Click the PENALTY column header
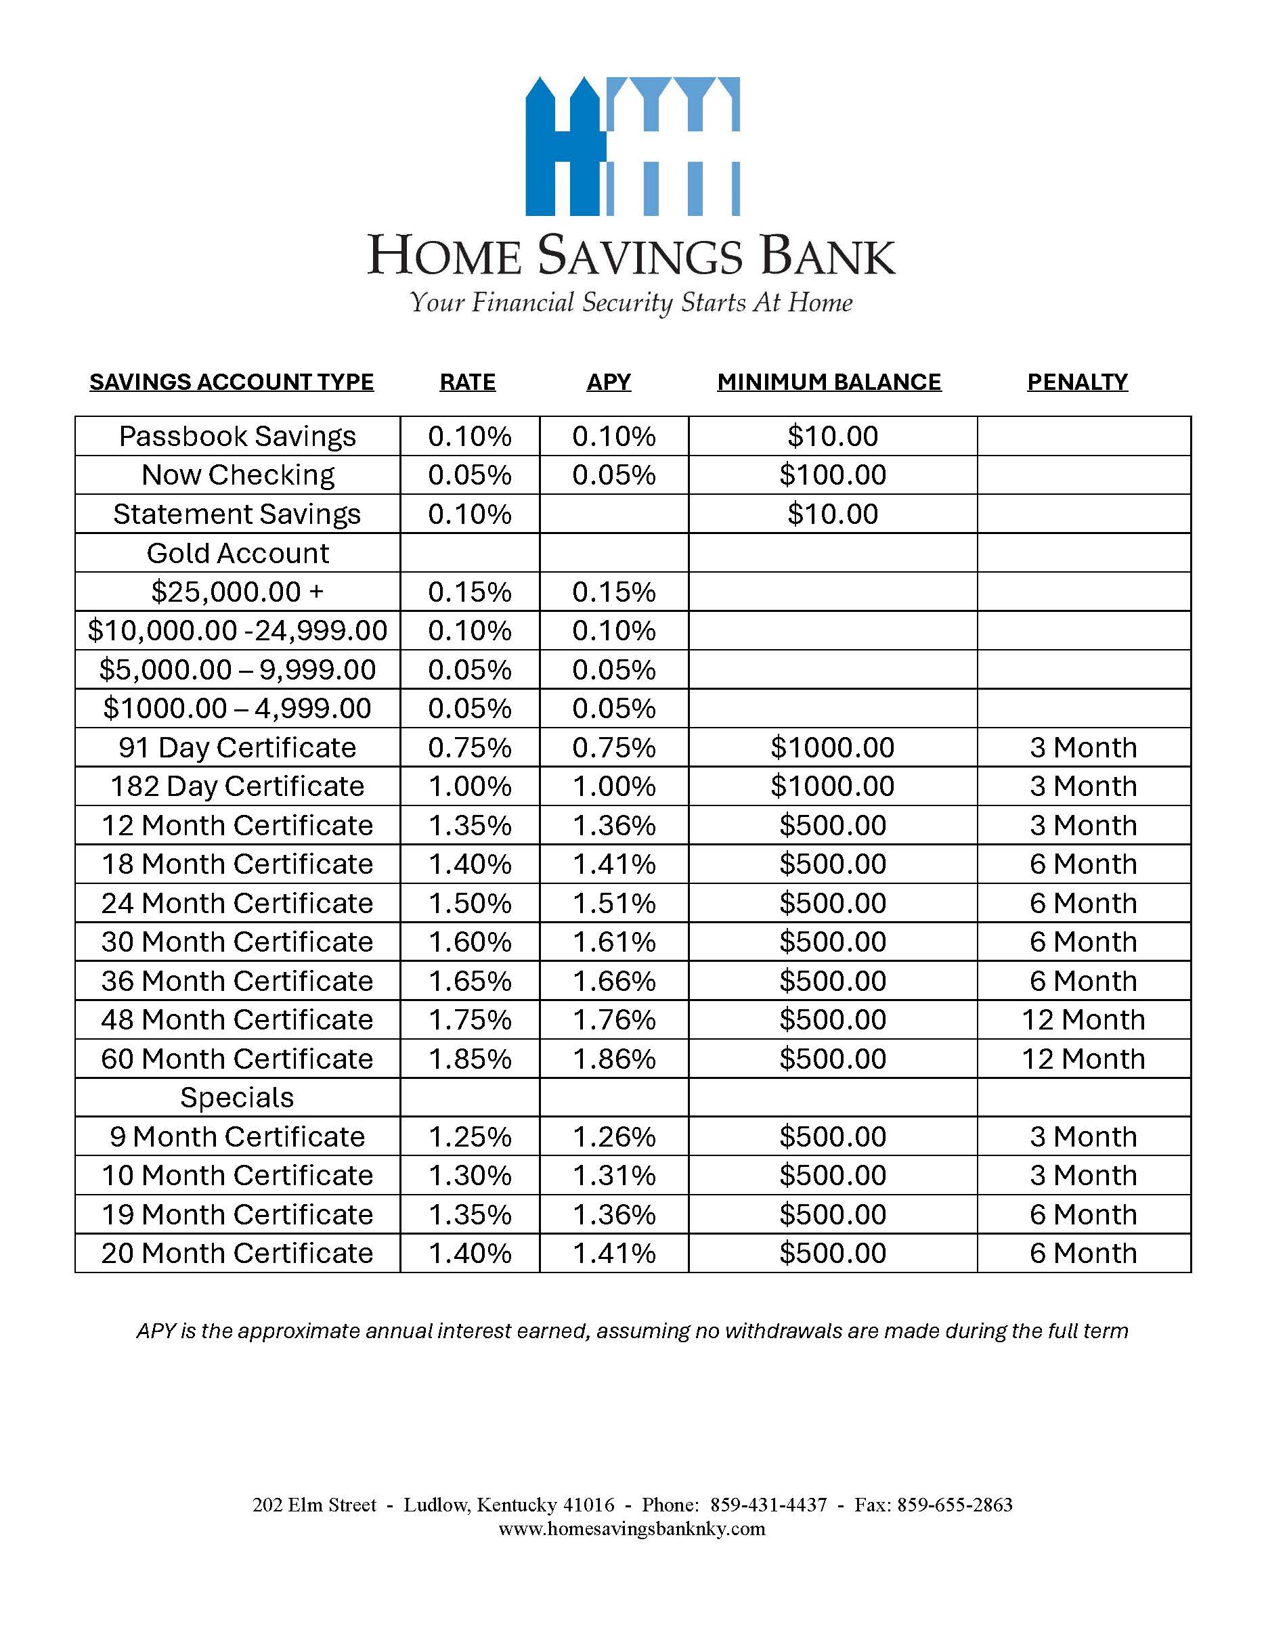[1077, 382]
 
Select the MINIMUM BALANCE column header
[829, 382]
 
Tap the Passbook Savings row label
[237, 437]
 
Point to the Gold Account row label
[237, 554]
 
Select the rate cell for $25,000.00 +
[469, 592]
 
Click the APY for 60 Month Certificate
[613, 1059]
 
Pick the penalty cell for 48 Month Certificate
[1083, 1020]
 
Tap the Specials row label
[237, 1098]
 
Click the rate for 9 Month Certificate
[469, 1137]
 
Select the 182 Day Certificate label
[237, 786]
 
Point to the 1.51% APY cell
[613, 903]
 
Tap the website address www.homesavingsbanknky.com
[632, 1529]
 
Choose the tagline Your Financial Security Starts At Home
[632, 303]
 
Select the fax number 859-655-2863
[954, 1505]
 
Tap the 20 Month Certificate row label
[237, 1254]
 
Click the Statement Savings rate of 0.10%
[469, 514]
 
